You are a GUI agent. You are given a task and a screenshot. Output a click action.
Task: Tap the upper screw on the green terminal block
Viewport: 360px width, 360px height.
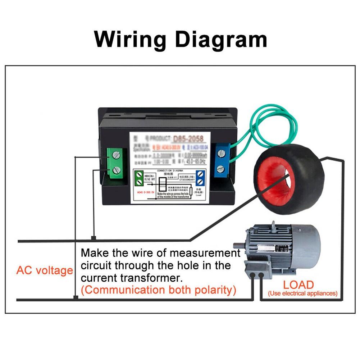pos(116,155)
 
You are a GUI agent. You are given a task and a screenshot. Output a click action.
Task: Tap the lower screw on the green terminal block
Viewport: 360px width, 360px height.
pos(116,170)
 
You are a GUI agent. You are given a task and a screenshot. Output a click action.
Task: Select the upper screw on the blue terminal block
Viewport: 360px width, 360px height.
pos(220,153)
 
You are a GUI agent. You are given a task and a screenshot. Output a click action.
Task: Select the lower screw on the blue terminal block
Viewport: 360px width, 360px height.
pos(220,169)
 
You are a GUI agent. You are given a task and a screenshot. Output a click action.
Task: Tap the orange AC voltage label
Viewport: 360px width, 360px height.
pos(45,270)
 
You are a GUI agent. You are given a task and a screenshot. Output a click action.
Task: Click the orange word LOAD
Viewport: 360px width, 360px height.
pos(298,285)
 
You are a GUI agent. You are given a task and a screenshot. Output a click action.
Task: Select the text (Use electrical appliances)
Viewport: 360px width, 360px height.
pos(303,293)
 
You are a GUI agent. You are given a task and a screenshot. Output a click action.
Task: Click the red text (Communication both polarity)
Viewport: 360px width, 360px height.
pos(159,290)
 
